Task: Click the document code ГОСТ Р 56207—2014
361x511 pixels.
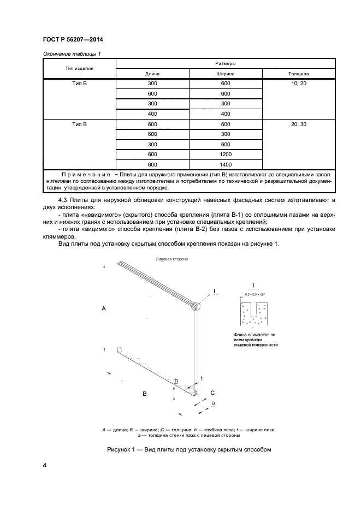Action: point(73,39)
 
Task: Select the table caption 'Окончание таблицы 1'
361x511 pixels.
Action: point(69,54)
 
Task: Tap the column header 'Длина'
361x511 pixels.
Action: point(152,73)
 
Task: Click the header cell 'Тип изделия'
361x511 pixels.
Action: point(79,68)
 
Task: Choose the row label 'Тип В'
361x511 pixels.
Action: point(79,124)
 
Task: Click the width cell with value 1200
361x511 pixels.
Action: point(225,154)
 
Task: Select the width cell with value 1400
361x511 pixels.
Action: point(225,164)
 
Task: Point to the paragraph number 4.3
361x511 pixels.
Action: point(63,201)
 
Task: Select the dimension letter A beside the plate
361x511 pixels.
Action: point(104,308)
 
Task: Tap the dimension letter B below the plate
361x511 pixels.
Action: point(144,393)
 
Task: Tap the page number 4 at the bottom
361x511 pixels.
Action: point(44,465)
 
